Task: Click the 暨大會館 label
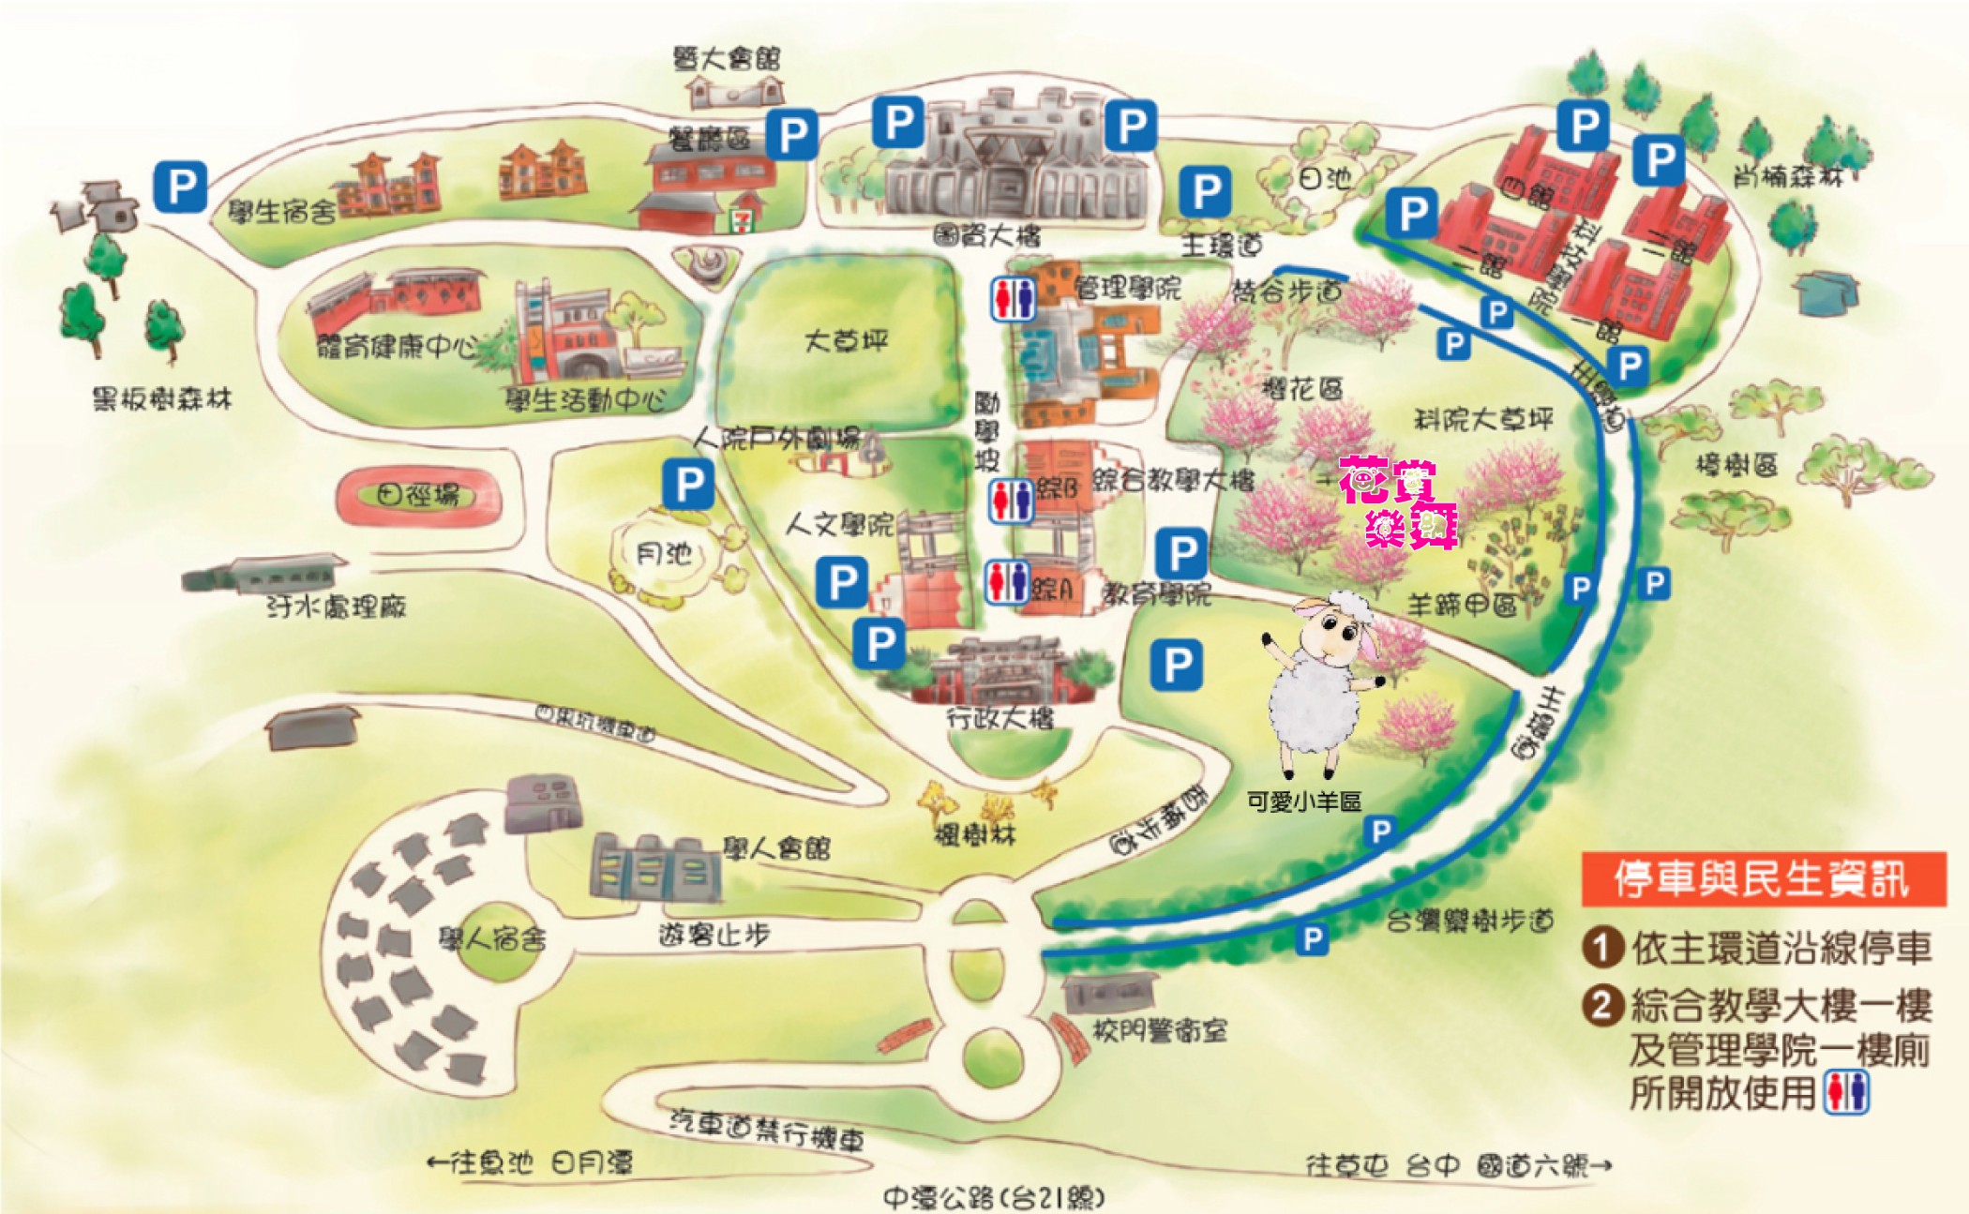727,59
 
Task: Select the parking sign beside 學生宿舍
180,186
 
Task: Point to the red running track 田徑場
419,495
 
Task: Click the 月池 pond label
664,554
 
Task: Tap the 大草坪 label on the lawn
845,340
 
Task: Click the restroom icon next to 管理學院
1013,298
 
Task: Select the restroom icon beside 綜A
1007,582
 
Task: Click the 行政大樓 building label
1000,719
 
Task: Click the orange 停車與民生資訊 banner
1763,878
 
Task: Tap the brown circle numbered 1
1602,947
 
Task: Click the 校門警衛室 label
1160,1031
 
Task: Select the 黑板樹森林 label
161,399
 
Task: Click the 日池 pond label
1324,178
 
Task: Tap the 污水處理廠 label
336,607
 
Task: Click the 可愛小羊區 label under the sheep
1304,802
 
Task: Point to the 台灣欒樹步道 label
1470,922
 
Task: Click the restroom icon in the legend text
1847,1093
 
